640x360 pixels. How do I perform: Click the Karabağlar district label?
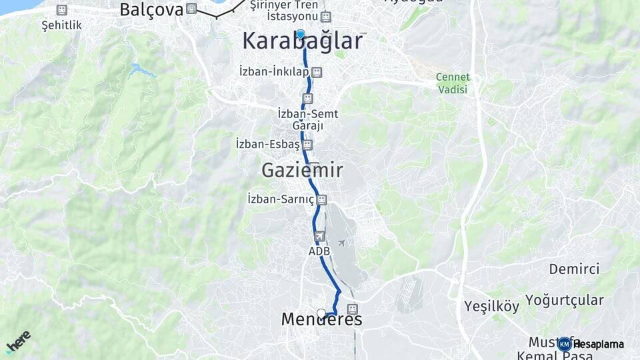tap(302, 41)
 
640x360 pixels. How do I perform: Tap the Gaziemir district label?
tap(302, 171)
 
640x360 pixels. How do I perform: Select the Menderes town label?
tap(321, 320)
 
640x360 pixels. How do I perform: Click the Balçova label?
tap(151, 9)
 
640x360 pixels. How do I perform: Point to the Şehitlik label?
tap(61, 25)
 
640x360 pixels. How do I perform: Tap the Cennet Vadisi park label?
tap(453, 83)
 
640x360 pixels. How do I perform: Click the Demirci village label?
tap(574, 269)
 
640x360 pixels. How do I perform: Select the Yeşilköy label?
tap(491, 307)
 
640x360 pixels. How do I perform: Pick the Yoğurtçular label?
tap(564, 300)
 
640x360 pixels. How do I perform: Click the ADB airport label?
tap(319, 251)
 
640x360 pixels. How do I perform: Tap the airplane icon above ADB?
tap(319, 237)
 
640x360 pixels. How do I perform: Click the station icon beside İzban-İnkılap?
tap(317, 71)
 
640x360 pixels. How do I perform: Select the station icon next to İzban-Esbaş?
tap(307, 144)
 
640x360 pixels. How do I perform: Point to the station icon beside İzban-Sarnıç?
tap(323, 199)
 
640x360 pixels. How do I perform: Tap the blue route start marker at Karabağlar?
tap(301, 34)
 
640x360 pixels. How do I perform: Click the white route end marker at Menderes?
tap(321, 313)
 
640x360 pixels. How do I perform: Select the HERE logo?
tap(18, 341)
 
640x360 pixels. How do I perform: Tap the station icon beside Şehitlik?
tap(62, 10)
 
